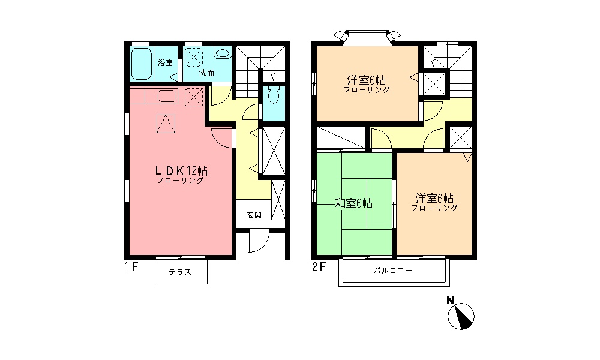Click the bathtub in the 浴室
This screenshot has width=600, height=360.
(x=142, y=64)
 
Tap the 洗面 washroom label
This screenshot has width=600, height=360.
(x=206, y=73)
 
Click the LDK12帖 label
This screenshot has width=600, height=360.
(x=181, y=170)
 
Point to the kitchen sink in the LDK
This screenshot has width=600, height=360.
(x=166, y=96)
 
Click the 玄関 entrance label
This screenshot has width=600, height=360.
(x=254, y=214)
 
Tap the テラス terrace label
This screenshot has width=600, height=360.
(x=180, y=272)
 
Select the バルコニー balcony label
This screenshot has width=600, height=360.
(x=393, y=271)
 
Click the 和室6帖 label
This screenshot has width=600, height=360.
(x=353, y=204)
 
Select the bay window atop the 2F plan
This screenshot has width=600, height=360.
(x=367, y=36)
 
